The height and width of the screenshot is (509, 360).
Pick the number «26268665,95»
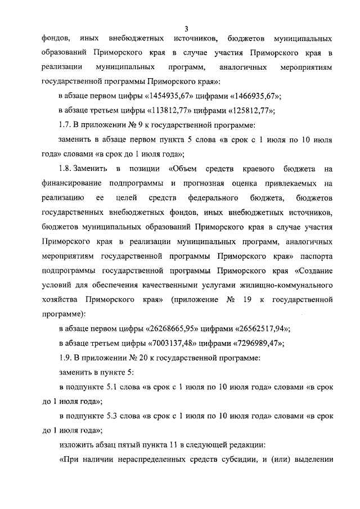175,328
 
